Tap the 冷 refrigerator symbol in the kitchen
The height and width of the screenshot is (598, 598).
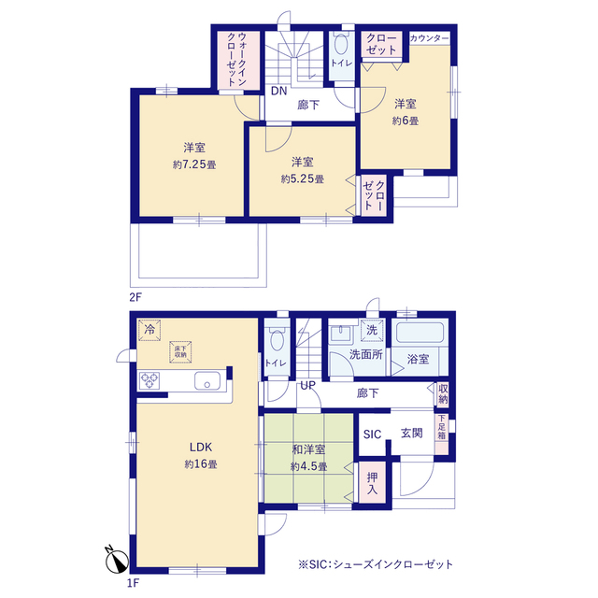(x=149, y=329)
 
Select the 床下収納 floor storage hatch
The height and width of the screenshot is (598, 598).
(x=180, y=351)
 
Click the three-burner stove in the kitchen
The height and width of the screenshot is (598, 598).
(x=149, y=380)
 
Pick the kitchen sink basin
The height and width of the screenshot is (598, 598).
(x=207, y=380)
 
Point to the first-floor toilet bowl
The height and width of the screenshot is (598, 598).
(x=277, y=339)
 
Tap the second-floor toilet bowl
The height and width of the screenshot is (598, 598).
(x=341, y=45)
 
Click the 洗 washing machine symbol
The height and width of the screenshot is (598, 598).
(x=372, y=330)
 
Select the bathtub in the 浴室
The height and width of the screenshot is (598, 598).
(x=420, y=333)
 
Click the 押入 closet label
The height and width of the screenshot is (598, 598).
(x=372, y=483)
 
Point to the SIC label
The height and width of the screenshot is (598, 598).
(x=372, y=434)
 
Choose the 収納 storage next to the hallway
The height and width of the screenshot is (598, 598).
(x=442, y=394)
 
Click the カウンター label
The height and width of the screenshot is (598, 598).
(x=430, y=38)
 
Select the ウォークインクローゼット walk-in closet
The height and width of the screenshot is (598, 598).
(x=239, y=61)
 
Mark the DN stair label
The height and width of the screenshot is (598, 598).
(x=278, y=92)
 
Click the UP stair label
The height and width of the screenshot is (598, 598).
(x=307, y=386)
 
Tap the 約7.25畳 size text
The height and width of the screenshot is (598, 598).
(x=194, y=164)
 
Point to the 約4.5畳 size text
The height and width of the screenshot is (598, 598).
(x=308, y=466)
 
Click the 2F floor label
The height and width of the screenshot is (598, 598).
(x=135, y=297)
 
